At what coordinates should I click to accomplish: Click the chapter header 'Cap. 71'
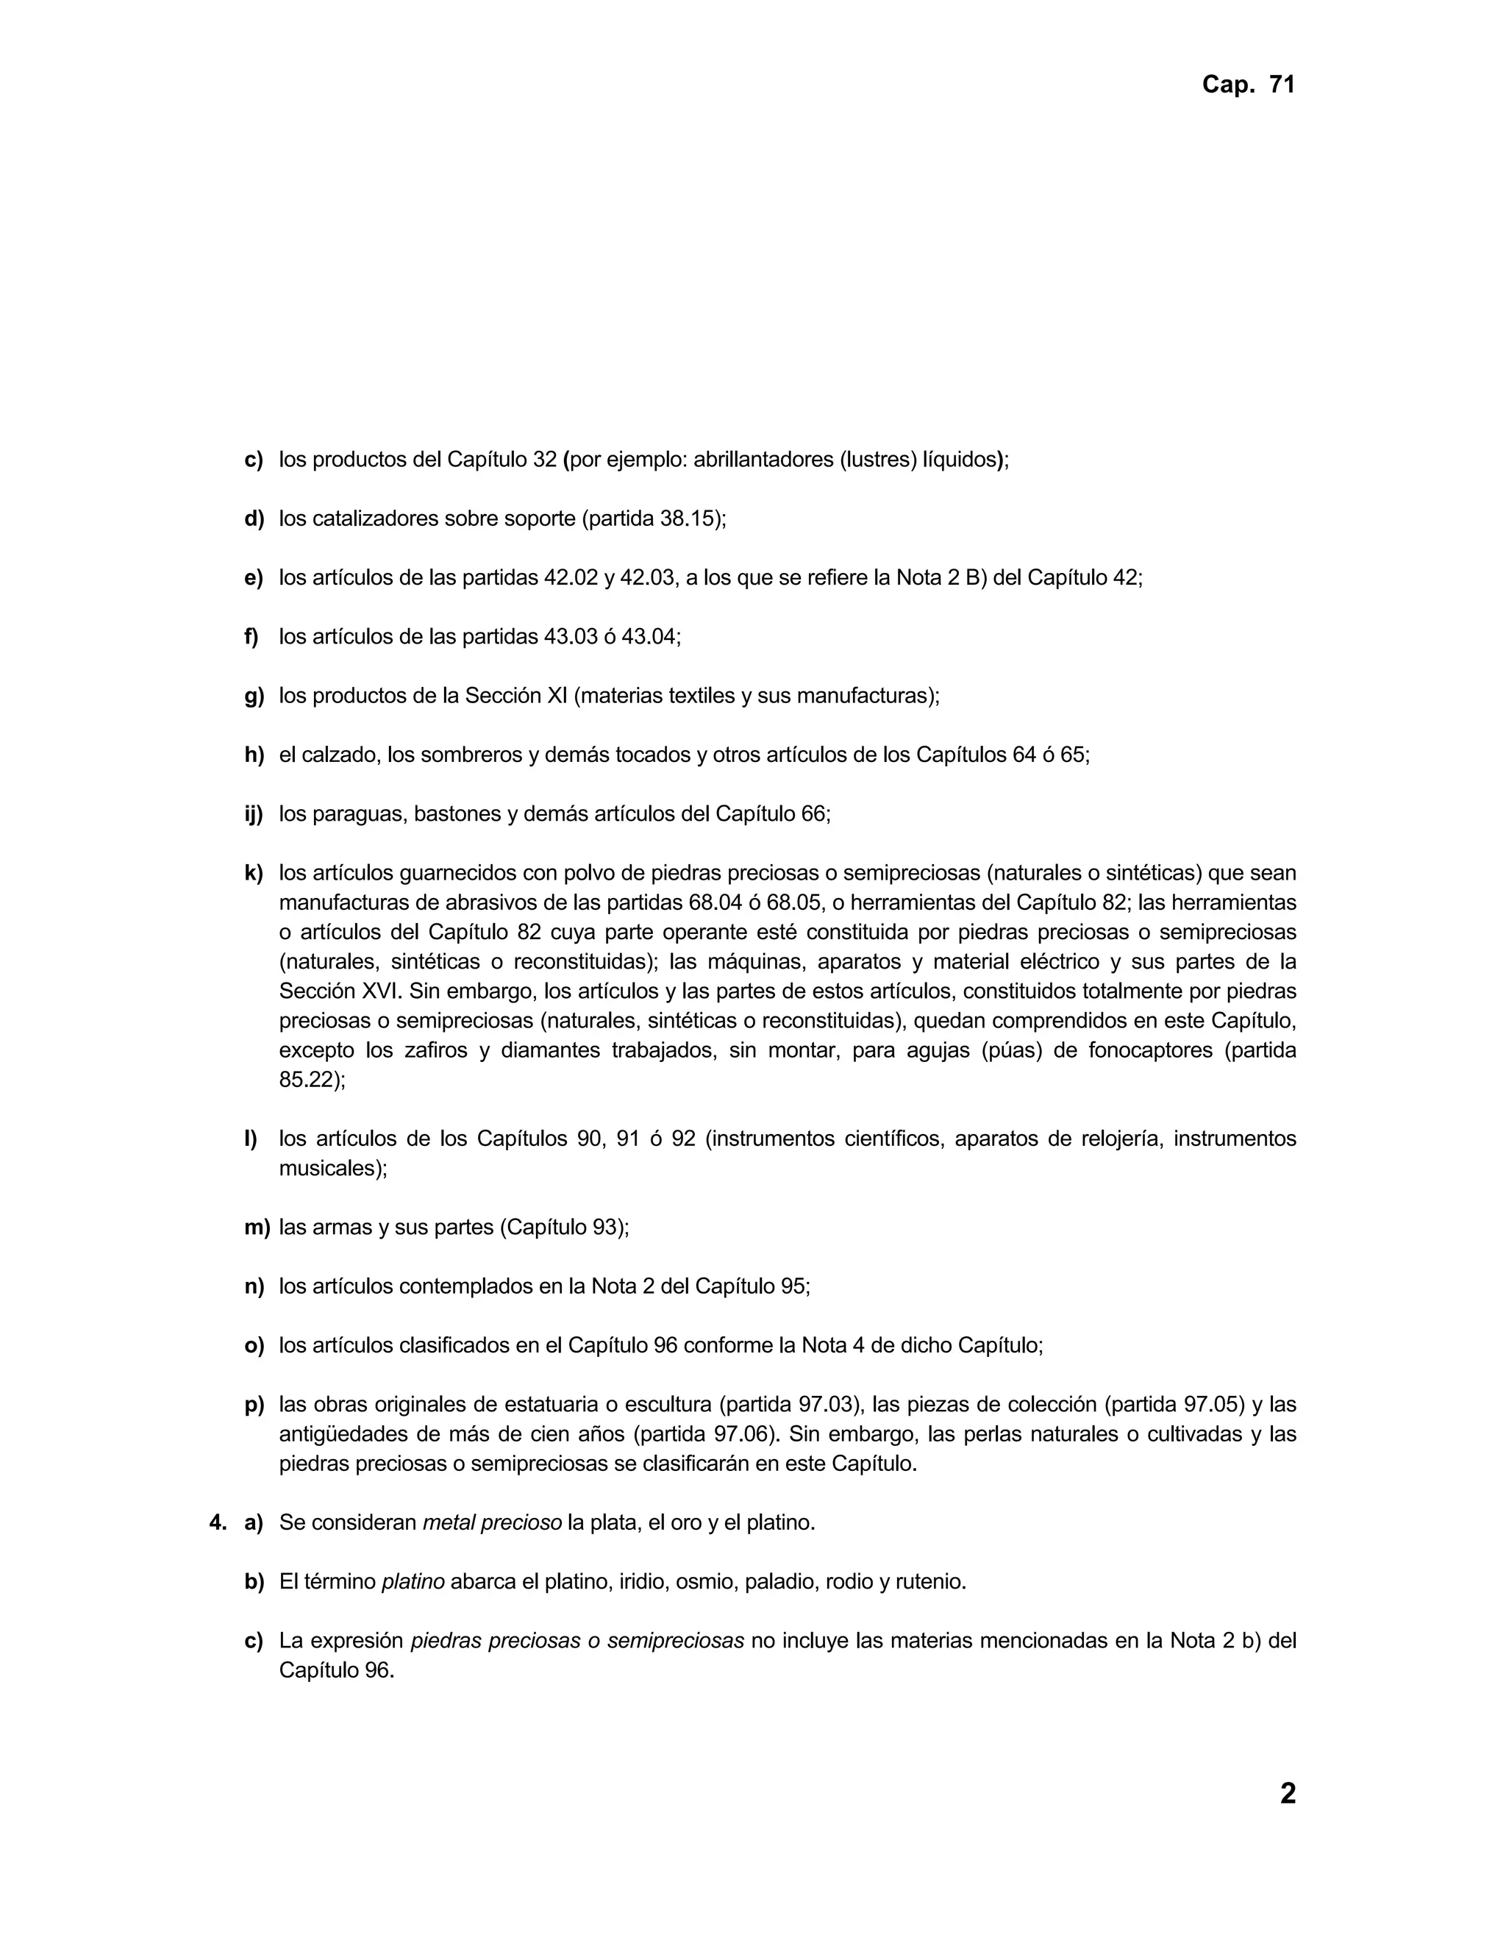click(x=1247, y=85)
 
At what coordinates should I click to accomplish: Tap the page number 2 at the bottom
click(x=1287, y=1793)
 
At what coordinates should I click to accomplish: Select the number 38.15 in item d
click(x=690, y=519)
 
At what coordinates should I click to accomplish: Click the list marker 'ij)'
click(x=254, y=814)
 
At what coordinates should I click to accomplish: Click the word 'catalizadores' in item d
click(x=376, y=519)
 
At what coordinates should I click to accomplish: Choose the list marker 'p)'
click(x=254, y=1405)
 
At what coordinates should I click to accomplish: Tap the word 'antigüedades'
click(x=340, y=1434)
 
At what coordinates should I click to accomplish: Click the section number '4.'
click(x=218, y=1522)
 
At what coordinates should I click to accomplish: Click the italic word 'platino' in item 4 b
click(x=413, y=1582)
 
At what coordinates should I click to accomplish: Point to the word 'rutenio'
click(x=935, y=1582)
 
